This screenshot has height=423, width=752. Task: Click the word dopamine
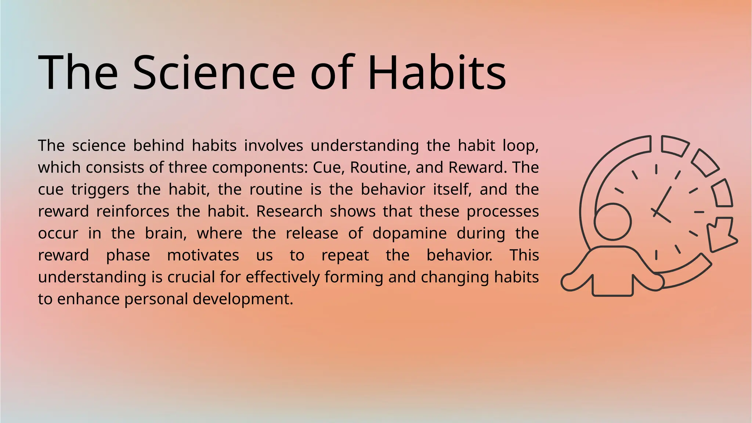409,233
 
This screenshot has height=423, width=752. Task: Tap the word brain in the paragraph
166,233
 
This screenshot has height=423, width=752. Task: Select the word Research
289,211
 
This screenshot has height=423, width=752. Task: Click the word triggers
100,189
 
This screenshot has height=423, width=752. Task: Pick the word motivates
203,255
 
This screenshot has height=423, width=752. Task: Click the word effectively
282,277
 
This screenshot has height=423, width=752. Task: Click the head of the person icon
612,222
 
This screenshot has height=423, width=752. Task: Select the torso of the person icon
612,272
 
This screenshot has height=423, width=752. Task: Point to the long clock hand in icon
663,200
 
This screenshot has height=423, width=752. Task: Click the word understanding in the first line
365,146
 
